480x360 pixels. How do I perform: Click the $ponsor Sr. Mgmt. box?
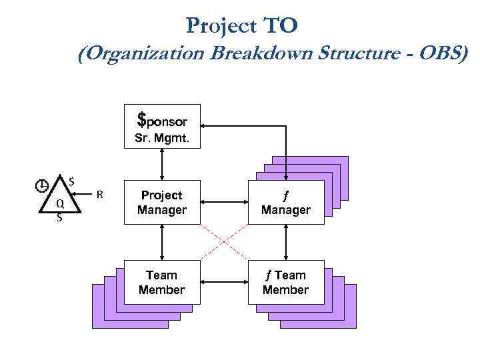click(x=161, y=127)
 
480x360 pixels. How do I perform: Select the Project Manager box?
click(x=161, y=203)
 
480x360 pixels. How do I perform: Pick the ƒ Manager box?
click(x=285, y=203)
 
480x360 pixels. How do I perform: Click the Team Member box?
click(x=161, y=282)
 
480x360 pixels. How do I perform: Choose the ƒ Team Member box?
click(x=285, y=282)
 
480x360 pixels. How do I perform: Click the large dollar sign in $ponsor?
click(x=141, y=119)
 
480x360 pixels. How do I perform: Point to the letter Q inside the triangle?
click(x=60, y=204)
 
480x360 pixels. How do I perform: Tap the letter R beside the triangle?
click(x=99, y=195)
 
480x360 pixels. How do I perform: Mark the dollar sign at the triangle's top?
click(x=71, y=179)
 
